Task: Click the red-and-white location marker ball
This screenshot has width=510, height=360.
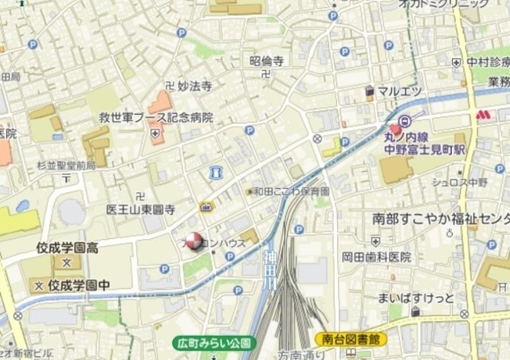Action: tap(194, 241)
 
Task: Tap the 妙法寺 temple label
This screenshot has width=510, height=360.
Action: tap(194, 85)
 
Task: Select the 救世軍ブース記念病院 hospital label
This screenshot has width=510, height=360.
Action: tap(155, 117)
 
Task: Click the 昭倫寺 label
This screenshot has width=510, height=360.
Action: tap(267, 61)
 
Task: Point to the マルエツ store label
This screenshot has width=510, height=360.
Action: tap(399, 92)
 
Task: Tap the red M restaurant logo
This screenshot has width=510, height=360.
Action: tap(483, 115)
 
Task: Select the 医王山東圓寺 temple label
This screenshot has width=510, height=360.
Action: tap(140, 209)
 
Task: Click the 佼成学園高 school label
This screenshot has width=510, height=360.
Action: tap(67, 248)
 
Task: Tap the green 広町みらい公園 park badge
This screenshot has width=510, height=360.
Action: tap(213, 343)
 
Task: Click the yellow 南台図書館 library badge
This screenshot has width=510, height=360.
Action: tap(351, 339)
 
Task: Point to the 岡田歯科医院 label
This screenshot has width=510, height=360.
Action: tap(376, 256)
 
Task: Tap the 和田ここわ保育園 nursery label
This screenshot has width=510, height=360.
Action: tap(292, 191)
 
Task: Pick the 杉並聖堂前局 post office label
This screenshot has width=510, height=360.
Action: tap(65, 165)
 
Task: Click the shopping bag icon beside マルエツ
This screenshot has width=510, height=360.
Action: tap(370, 92)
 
